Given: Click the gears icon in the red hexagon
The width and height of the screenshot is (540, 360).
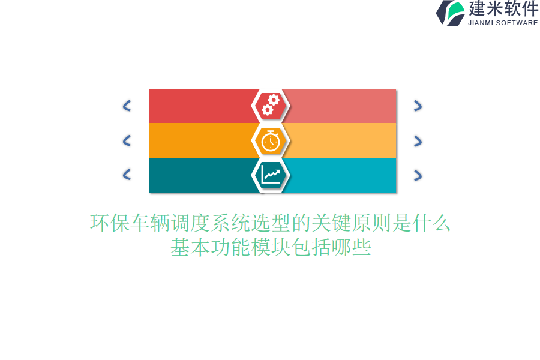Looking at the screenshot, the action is pyautogui.click(x=271, y=105).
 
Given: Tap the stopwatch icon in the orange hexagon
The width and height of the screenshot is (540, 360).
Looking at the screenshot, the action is pyautogui.click(x=271, y=141).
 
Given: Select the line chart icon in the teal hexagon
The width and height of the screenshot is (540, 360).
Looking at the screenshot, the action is pyautogui.click(x=271, y=175).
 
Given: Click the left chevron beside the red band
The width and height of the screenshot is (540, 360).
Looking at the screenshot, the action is pyautogui.click(x=127, y=106).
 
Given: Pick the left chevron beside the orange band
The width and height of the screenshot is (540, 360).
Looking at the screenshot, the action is pyautogui.click(x=127, y=140).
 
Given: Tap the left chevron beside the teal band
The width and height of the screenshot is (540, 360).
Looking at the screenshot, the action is pyautogui.click(x=127, y=175).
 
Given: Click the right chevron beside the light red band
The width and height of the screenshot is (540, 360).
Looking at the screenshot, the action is pyautogui.click(x=418, y=106).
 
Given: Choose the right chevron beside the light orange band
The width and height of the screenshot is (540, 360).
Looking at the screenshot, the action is pyautogui.click(x=418, y=141).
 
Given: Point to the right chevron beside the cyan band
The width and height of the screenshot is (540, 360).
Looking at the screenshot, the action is pyautogui.click(x=418, y=175).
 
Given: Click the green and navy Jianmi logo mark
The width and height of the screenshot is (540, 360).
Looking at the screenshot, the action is pyautogui.click(x=450, y=13).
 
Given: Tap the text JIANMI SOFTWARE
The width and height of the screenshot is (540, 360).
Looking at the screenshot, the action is pyautogui.click(x=503, y=23).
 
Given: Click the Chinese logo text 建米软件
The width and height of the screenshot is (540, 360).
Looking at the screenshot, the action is pyautogui.click(x=503, y=8).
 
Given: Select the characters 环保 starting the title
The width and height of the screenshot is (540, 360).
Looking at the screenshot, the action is pyautogui.click(x=110, y=223).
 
